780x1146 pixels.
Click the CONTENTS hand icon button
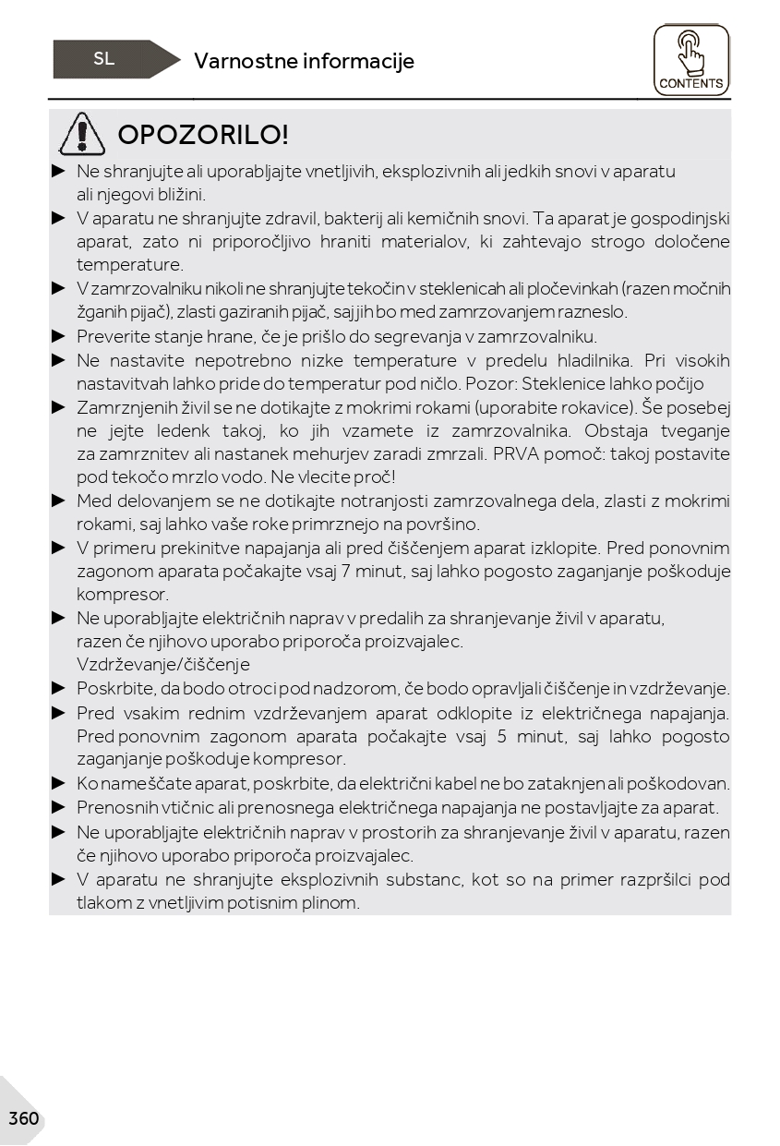pyautogui.click(x=691, y=60)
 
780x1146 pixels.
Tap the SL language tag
pyautogui.click(x=104, y=59)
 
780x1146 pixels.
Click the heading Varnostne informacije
pyautogui.click(x=304, y=61)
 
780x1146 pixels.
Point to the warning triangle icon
pyautogui.click(x=82, y=134)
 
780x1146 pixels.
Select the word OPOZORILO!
pyautogui.click(x=204, y=135)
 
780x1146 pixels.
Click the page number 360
pyautogui.click(x=23, y=1119)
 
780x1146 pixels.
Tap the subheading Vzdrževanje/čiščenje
pyautogui.click(x=163, y=665)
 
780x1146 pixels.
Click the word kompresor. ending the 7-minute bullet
pyautogui.click(x=123, y=595)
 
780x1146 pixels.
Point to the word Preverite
pyautogui.click(x=113, y=337)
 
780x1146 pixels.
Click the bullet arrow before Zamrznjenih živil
pyautogui.click(x=59, y=407)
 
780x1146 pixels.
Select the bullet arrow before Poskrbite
pyautogui.click(x=59, y=688)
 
